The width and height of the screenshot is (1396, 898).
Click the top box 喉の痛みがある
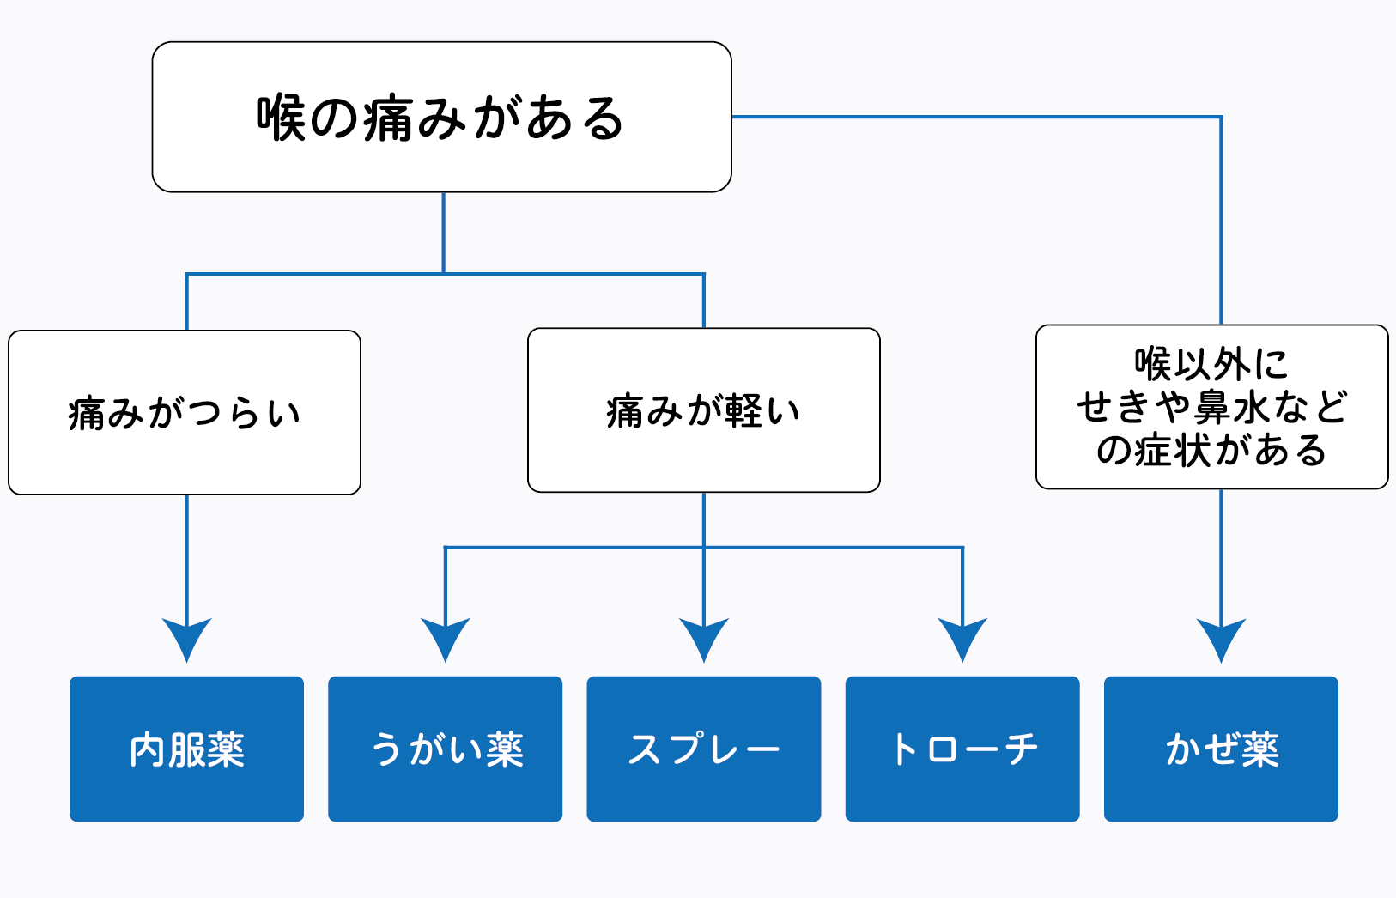pyautogui.click(x=442, y=117)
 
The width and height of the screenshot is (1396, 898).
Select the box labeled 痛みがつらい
pyautogui.click(x=185, y=413)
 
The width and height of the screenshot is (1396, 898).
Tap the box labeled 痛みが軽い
pyautogui.click(x=704, y=410)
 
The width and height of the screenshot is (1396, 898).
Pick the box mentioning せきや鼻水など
pyautogui.click(x=1212, y=407)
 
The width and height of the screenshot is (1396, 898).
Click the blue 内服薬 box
pyautogui.click(x=186, y=749)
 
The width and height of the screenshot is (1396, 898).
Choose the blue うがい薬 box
pyautogui.click(x=445, y=749)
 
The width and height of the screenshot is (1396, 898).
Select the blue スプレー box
pyautogui.click(x=704, y=749)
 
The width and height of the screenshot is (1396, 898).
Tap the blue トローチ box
pyautogui.click(x=962, y=749)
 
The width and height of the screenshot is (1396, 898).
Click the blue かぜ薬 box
pyautogui.click(x=1221, y=749)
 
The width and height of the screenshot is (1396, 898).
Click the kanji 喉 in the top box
pyautogui.click(x=281, y=118)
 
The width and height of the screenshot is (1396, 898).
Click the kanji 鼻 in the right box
pyautogui.click(x=1212, y=407)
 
